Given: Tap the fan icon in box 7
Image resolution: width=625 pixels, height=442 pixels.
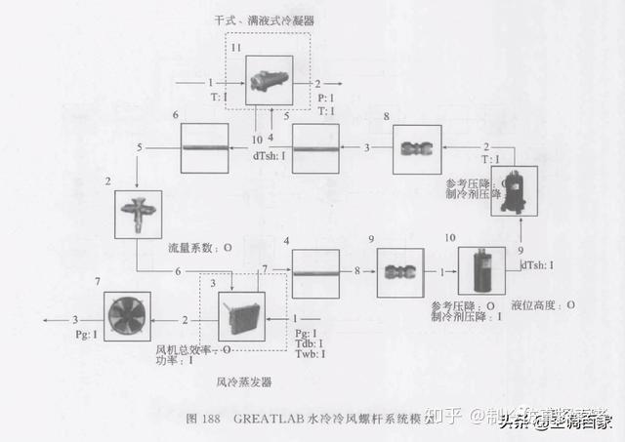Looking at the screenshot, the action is click(x=131, y=318).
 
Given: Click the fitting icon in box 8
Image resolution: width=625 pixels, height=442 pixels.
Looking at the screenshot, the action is click(x=417, y=148).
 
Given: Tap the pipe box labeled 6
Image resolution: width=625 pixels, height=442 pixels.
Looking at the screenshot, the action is click(x=203, y=148).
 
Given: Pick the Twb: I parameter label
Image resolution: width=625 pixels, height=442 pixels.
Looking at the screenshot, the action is click(x=311, y=355).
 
